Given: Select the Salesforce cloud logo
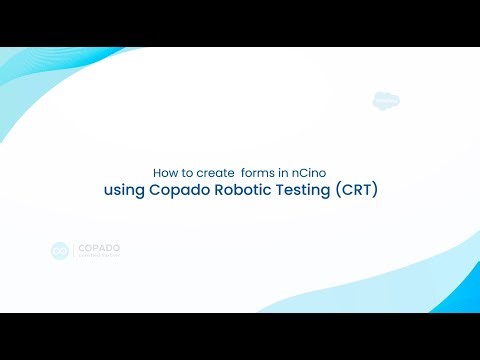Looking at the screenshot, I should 386,100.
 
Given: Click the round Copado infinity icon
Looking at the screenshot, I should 60,251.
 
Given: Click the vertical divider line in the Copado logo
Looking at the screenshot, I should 73,251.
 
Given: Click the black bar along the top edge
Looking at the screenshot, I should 240,22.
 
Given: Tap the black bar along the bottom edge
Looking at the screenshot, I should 240,337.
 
